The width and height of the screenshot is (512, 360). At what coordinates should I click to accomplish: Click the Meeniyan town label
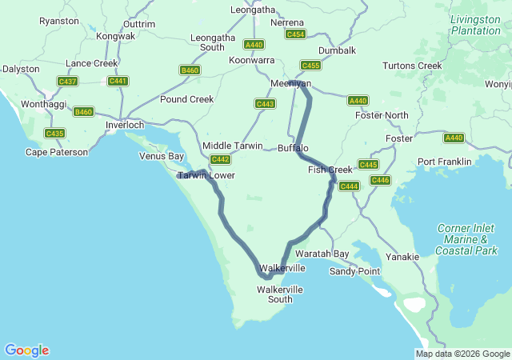pyautogui.click(x=290, y=83)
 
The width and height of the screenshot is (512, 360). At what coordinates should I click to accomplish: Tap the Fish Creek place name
pyautogui.click(x=330, y=170)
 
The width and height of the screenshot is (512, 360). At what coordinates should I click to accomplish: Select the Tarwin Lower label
pyautogui.click(x=206, y=174)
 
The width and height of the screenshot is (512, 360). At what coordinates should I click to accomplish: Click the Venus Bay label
pyautogui.click(x=162, y=156)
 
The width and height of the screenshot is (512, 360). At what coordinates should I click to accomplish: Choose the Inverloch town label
pyautogui.click(x=125, y=126)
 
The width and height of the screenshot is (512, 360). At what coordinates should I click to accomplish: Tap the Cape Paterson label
pyautogui.click(x=57, y=152)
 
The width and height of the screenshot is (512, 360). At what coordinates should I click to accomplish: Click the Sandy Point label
pyautogui.click(x=354, y=271)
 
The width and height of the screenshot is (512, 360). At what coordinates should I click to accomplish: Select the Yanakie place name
pyautogui.click(x=402, y=257)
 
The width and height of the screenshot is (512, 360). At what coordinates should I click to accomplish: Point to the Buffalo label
pyautogui.click(x=293, y=148)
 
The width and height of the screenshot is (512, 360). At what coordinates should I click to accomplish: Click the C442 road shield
pyautogui.click(x=221, y=159)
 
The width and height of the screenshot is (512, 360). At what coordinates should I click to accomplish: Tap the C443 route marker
pyautogui.click(x=265, y=104)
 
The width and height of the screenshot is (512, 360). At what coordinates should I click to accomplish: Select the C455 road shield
pyautogui.click(x=310, y=65)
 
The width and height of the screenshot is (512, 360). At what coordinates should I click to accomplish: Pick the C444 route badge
pyautogui.click(x=349, y=186)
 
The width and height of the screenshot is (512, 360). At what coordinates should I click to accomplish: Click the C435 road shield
pyautogui.click(x=54, y=134)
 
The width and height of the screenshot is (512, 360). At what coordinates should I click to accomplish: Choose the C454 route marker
pyautogui.click(x=295, y=34)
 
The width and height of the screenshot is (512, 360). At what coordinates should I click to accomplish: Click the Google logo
pyautogui.click(x=26, y=350)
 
